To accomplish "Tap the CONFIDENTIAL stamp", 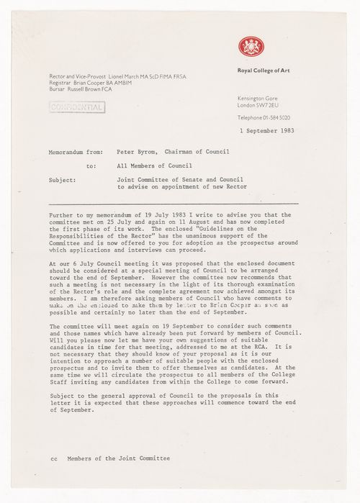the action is point(75,108).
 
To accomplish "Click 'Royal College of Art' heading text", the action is point(266,71).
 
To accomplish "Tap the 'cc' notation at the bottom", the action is point(53,457).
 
